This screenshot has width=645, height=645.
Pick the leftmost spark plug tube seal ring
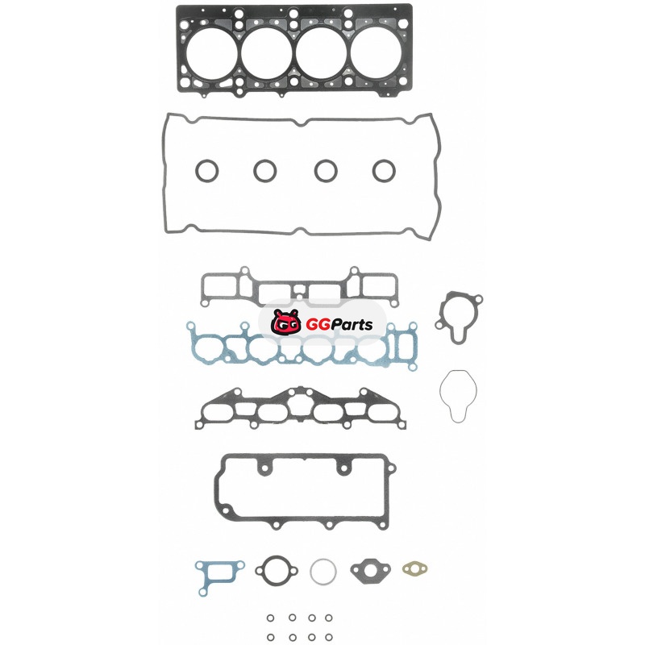(x=206, y=171)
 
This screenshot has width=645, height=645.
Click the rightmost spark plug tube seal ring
(x=385, y=171)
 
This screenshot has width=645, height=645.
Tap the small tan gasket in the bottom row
(x=414, y=569)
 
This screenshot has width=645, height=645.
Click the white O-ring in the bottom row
(x=323, y=572)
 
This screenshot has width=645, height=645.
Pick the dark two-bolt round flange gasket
(x=277, y=571)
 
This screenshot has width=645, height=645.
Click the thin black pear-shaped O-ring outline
(x=458, y=396)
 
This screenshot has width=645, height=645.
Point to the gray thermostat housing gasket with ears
(x=459, y=317)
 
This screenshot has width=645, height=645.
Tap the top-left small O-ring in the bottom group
(x=270, y=618)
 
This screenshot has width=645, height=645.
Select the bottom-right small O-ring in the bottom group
(x=329, y=637)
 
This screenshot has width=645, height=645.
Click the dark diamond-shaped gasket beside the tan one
(x=370, y=571)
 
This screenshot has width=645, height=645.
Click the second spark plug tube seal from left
(x=265, y=171)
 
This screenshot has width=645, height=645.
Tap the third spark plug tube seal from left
(x=326, y=171)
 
